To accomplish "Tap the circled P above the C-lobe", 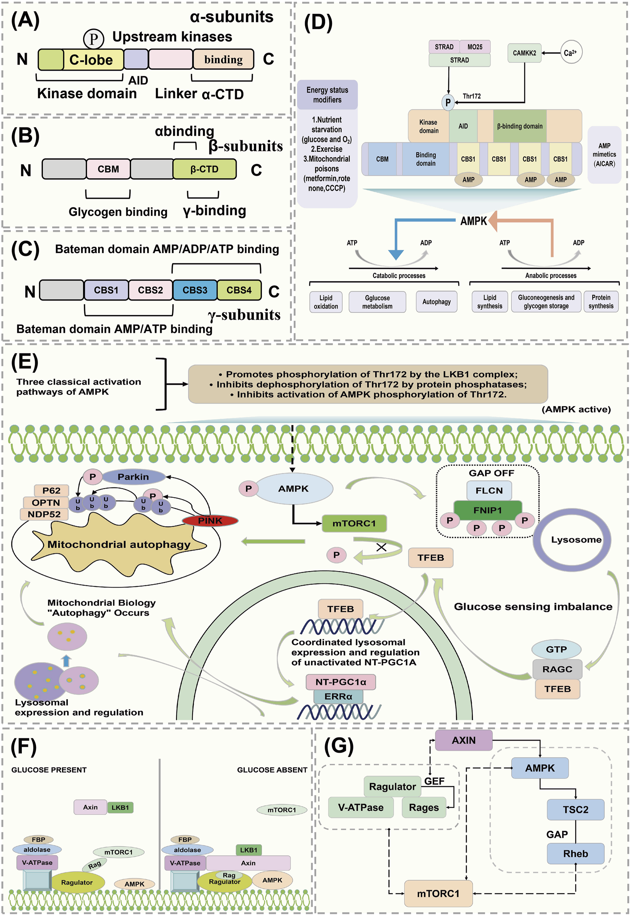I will tap(94, 39).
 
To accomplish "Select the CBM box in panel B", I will tap(108, 169).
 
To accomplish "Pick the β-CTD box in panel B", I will tap(204, 169).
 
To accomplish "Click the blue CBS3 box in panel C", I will tap(195, 290).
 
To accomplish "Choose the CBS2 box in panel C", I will tap(150, 290).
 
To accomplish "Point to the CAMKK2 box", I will tap(524, 53).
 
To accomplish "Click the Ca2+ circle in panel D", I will tap(571, 52).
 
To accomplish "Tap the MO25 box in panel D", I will tap(475, 47).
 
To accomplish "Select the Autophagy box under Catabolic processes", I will tap(436, 302).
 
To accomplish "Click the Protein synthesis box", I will tap(600, 302).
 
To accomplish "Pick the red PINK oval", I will tap(210, 521).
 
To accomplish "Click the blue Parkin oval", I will tap(134, 477).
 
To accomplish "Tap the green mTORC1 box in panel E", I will tap(354, 524).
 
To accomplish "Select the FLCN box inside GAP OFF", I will tap(489, 490).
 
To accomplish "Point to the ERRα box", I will tap(338, 696).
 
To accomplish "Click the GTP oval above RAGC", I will tap(556, 649).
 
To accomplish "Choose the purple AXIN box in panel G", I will tap(464, 740).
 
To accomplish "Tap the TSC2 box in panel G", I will tap(575, 809).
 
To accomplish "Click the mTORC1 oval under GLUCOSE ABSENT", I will tap(281, 810).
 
